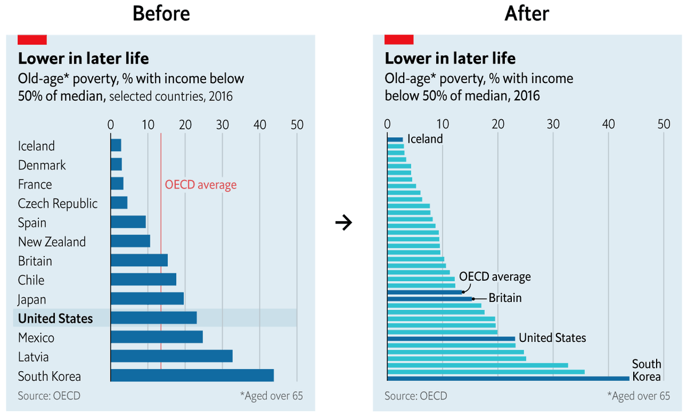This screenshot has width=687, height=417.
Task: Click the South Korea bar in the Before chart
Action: (x=192, y=376)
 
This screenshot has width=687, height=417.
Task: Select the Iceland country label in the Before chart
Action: (x=36, y=146)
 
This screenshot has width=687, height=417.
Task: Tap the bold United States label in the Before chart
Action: (x=55, y=318)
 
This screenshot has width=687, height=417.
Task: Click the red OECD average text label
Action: (x=200, y=184)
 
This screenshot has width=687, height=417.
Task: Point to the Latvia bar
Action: (x=171, y=356)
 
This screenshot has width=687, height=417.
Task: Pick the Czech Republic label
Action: (x=57, y=203)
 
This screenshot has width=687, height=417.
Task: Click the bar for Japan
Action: (x=147, y=299)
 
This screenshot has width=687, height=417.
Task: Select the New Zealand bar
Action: (x=130, y=241)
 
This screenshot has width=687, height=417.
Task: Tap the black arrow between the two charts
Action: (x=343, y=222)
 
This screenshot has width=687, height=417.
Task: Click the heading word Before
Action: (x=161, y=14)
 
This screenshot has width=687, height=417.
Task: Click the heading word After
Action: (x=527, y=14)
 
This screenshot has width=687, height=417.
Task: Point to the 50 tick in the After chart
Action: (x=664, y=124)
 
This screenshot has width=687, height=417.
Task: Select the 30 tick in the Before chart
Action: (x=222, y=125)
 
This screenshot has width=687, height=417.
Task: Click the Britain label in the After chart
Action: (x=505, y=298)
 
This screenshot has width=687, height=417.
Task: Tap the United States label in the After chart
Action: (x=552, y=338)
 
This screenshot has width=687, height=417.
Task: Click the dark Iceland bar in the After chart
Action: (x=395, y=139)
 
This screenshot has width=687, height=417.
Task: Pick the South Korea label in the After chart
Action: (x=646, y=370)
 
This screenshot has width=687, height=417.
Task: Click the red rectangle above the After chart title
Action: (x=398, y=40)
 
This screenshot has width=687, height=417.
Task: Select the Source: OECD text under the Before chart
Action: (x=49, y=396)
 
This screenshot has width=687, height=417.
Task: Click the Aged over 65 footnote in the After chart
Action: (x=638, y=396)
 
